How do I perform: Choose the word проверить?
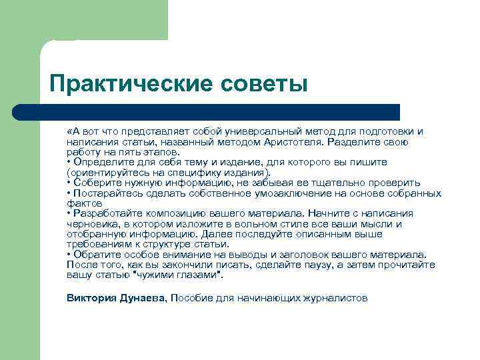click(x=397, y=183)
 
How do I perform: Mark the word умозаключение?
click(x=272, y=193)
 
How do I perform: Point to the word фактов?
click(x=84, y=203)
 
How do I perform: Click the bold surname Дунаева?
click(x=141, y=298)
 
